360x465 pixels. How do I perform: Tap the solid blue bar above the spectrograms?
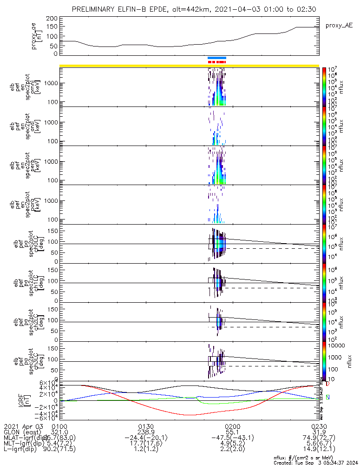(217, 58)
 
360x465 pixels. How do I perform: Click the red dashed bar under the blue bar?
(217, 62)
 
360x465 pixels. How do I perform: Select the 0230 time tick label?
(319, 425)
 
